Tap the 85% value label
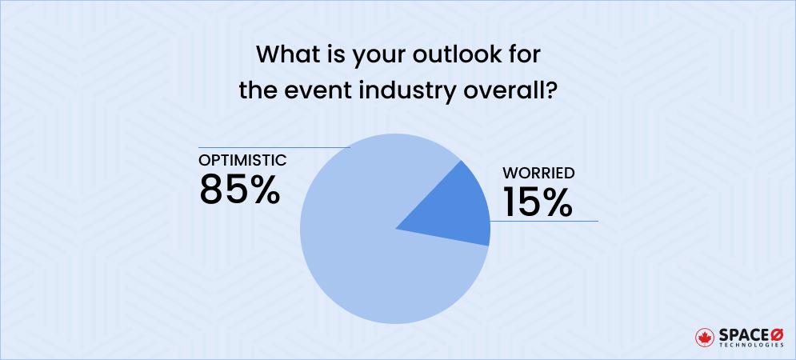240,189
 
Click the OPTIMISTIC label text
242,160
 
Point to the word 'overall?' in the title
511,90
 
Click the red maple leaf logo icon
705,335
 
